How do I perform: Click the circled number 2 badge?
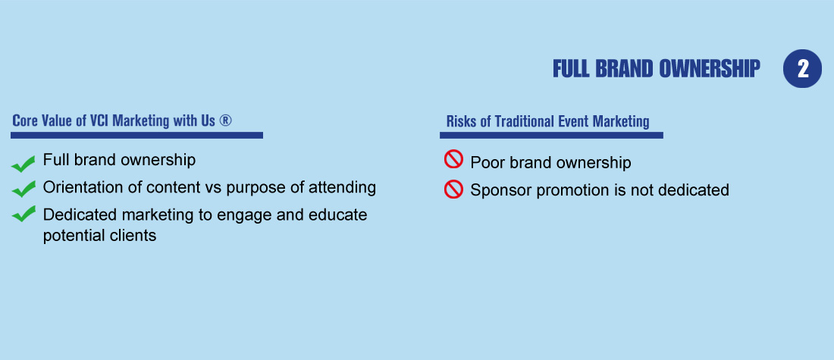(802, 69)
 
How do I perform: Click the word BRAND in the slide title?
(623, 69)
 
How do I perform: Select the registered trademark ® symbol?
(225, 121)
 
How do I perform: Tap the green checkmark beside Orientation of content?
(23, 189)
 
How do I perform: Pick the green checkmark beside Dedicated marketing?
(23, 214)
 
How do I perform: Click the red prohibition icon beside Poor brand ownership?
(453, 159)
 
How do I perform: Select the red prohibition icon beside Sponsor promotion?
(453, 189)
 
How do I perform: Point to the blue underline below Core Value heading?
(136, 135)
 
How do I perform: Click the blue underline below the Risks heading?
(551, 135)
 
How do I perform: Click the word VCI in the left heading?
(99, 121)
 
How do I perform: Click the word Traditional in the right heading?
(525, 121)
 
